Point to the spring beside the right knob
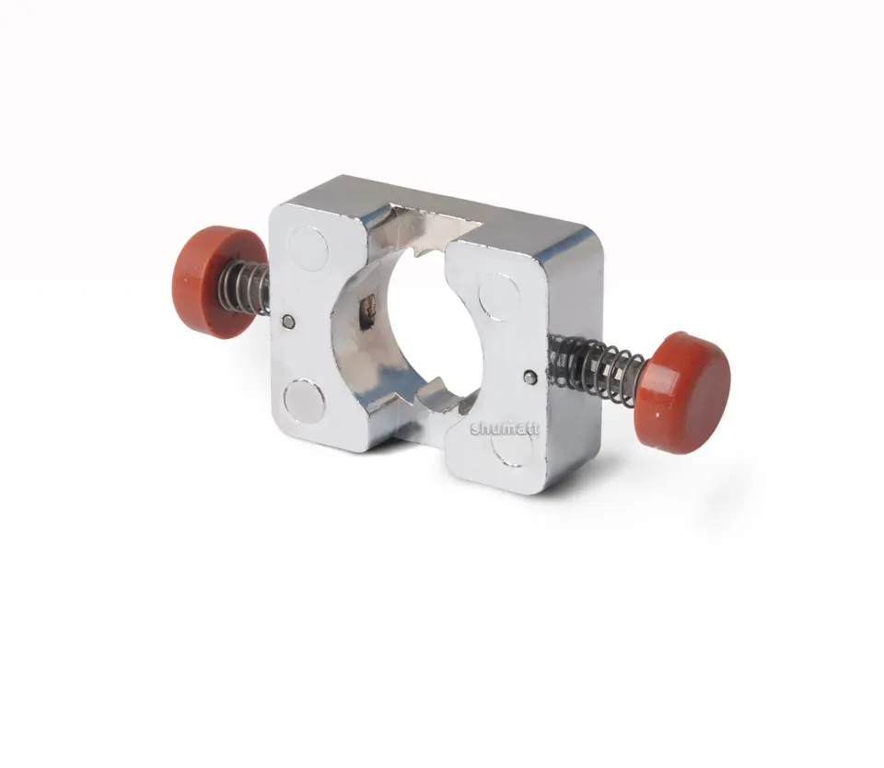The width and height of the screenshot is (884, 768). coord(597,362)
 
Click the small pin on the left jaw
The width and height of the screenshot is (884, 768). coord(288,321)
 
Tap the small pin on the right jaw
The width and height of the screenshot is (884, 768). coord(529,376)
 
